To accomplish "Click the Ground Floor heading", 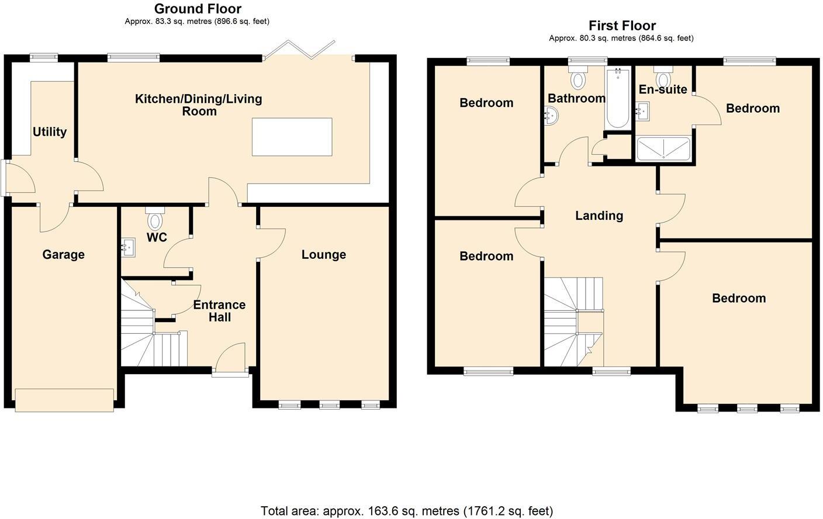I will pos(197,9).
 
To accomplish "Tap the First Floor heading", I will pos(622,26).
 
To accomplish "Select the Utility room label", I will pos(50,132).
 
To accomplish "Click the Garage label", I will pos(63,255).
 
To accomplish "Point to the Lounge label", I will pos(323,255).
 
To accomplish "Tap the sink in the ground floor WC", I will pos(128,248).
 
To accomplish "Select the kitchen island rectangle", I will pos(292,137).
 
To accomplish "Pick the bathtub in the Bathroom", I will pos(618,99).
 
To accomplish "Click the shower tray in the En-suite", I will pos(663,148).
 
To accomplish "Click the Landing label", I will pos(599,216).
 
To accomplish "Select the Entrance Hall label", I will pos(219,311).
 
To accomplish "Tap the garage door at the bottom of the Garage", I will pos(64,400).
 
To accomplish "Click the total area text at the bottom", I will pos(406,511).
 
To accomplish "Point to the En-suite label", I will pos(663,90).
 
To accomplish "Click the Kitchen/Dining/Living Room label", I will pos(199,105).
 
